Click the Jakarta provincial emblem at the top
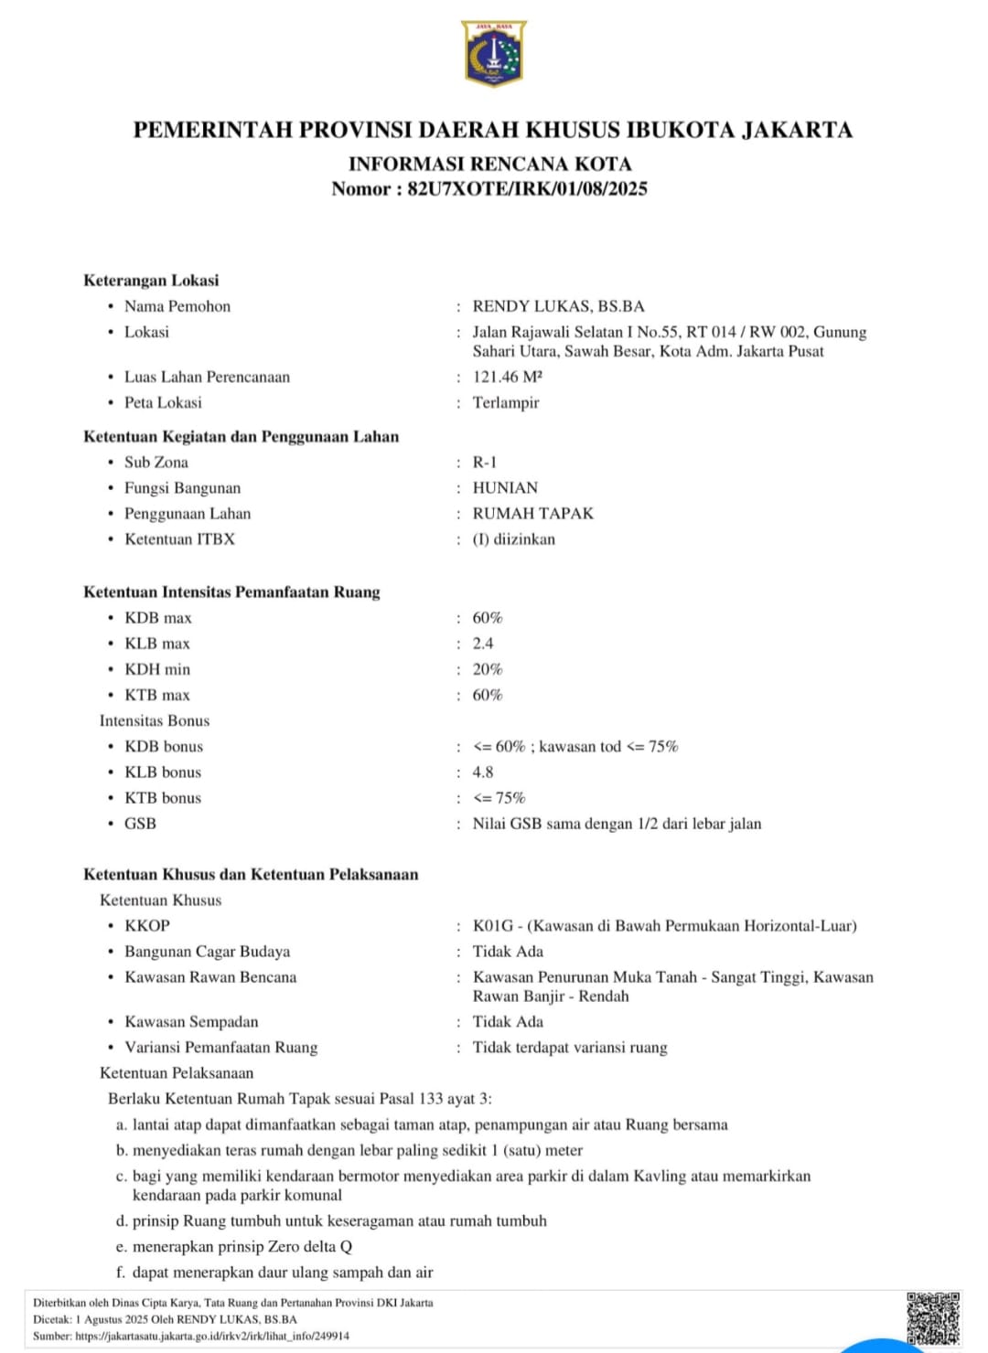[x=494, y=54]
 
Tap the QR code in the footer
[x=933, y=1317]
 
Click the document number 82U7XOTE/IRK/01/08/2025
[x=527, y=189]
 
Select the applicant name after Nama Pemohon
[x=558, y=306]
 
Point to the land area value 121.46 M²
[x=508, y=377]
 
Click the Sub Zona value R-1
[x=485, y=463]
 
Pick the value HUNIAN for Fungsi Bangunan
[x=505, y=488]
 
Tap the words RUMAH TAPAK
[x=532, y=514]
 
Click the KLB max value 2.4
[x=483, y=644]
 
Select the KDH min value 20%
[x=488, y=669]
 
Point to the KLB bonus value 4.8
[x=483, y=772]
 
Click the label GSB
[x=140, y=824]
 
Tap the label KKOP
[x=147, y=926]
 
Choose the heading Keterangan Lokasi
[x=151, y=281]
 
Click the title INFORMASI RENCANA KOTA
[x=490, y=165]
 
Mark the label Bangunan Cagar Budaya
[x=207, y=952]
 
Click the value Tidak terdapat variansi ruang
[x=570, y=1048]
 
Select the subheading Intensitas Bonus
[x=155, y=721]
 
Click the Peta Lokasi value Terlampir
[x=506, y=402]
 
